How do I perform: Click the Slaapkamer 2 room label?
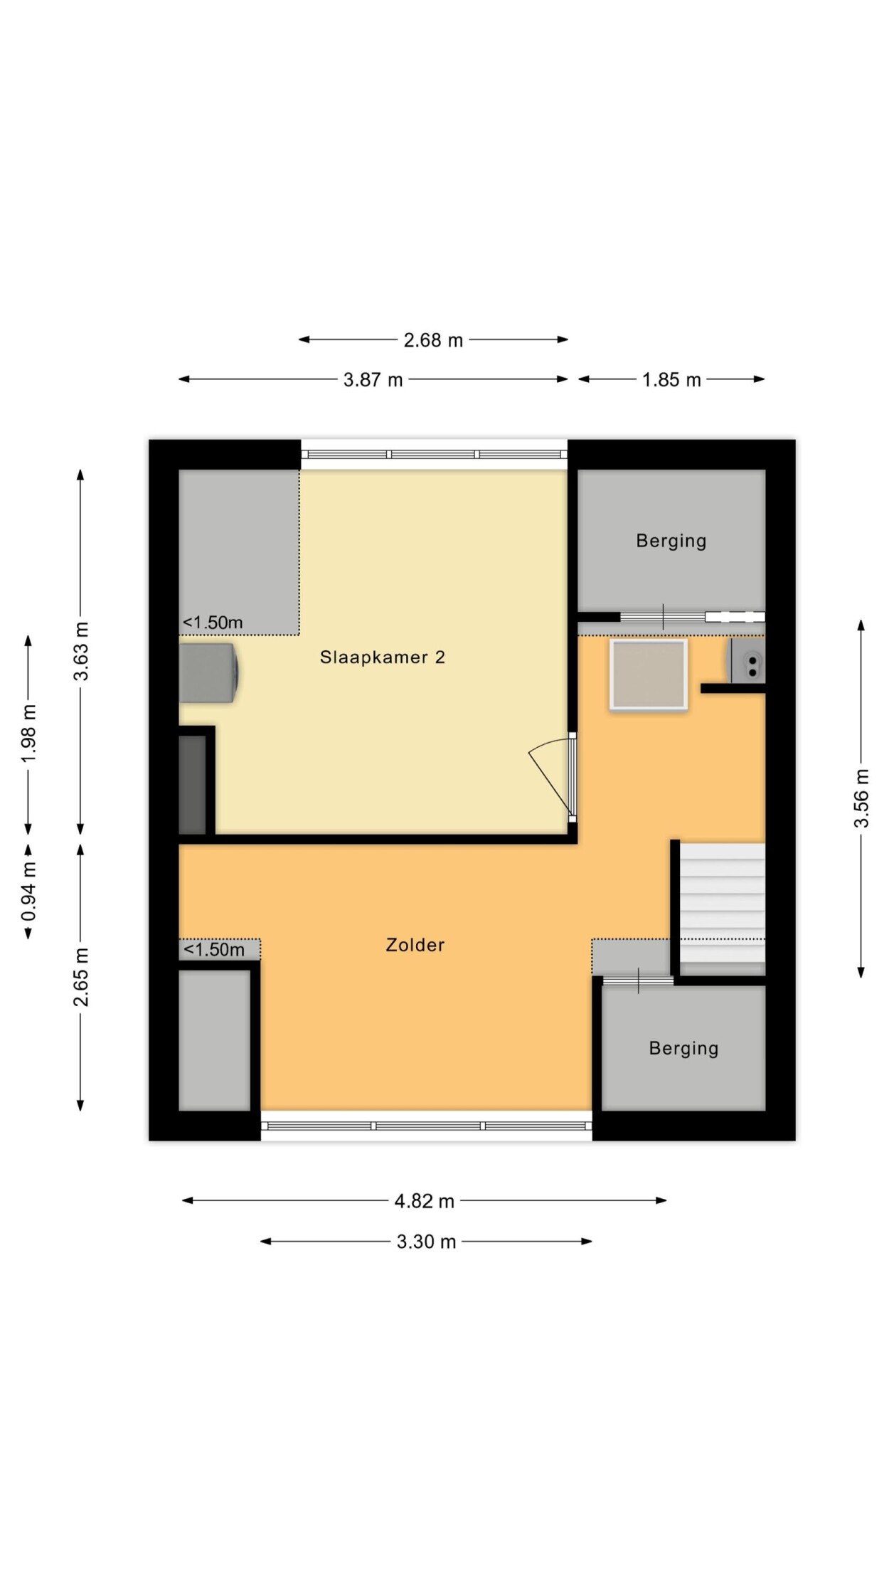(x=383, y=657)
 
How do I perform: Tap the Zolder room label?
(x=415, y=945)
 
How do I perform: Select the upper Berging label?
(x=671, y=541)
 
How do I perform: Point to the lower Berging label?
(x=684, y=1048)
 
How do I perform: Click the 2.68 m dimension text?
(x=433, y=340)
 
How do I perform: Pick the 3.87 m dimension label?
(x=373, y=380)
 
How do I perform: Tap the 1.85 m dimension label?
(x=671, y=380)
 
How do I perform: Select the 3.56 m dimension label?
(x=861, y=798)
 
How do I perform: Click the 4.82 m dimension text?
(x=425, y=1201)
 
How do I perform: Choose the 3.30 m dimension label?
(x=426, y=1242)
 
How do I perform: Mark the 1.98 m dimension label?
(x=28, y=734)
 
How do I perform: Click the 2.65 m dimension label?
(x=81, y=978)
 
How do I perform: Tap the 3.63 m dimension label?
(x=81, y=651)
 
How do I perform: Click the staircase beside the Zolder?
(x=722, y=909)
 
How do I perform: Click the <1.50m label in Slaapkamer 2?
(x=213, y=623)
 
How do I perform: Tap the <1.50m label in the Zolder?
(x=214, y=949)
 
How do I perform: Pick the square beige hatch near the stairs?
(x=649, y=675)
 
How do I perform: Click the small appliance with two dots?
(x=747, y=661)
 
